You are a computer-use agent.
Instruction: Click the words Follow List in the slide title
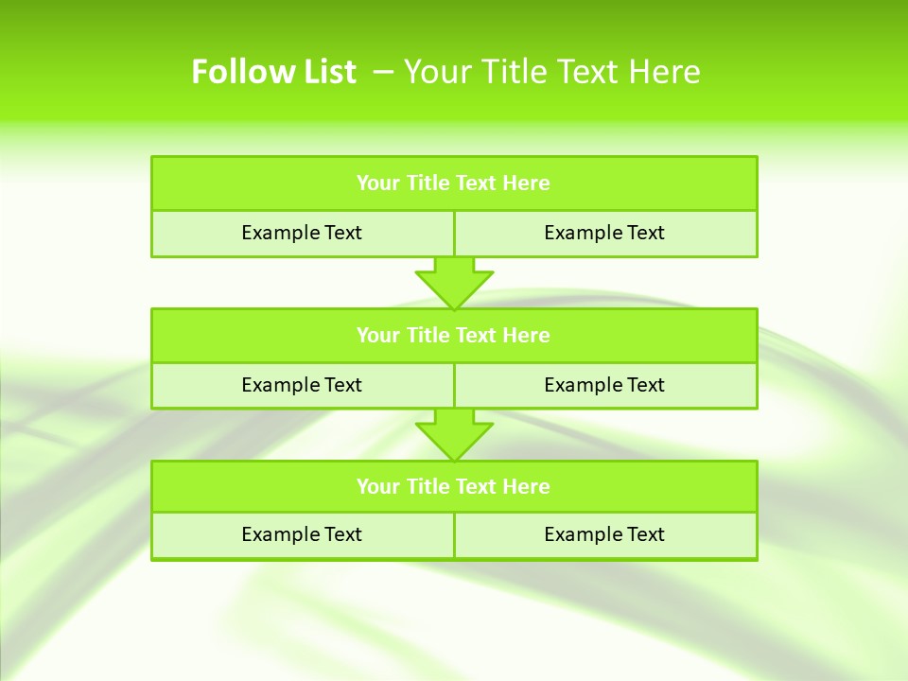273,72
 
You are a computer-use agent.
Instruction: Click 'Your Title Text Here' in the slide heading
551,72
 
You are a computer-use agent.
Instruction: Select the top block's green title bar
454,183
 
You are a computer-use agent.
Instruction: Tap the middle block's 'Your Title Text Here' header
454,335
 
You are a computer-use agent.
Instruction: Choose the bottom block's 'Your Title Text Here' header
454,486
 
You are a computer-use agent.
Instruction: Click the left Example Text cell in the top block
302,233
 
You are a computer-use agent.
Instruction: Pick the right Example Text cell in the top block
604,233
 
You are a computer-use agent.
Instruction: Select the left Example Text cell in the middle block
302,385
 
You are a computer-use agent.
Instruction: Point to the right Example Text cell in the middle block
604,385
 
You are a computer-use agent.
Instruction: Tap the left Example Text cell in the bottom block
302,534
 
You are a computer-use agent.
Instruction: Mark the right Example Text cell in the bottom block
604,534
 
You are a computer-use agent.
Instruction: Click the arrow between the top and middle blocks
454,282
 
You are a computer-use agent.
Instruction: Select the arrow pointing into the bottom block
454,434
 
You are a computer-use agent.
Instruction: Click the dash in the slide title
384,72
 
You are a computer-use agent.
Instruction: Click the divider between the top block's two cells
454,234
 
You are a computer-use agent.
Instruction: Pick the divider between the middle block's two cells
454,385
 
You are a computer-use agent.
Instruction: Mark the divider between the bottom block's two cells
454,535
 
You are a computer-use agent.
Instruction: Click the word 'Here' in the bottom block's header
527,486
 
